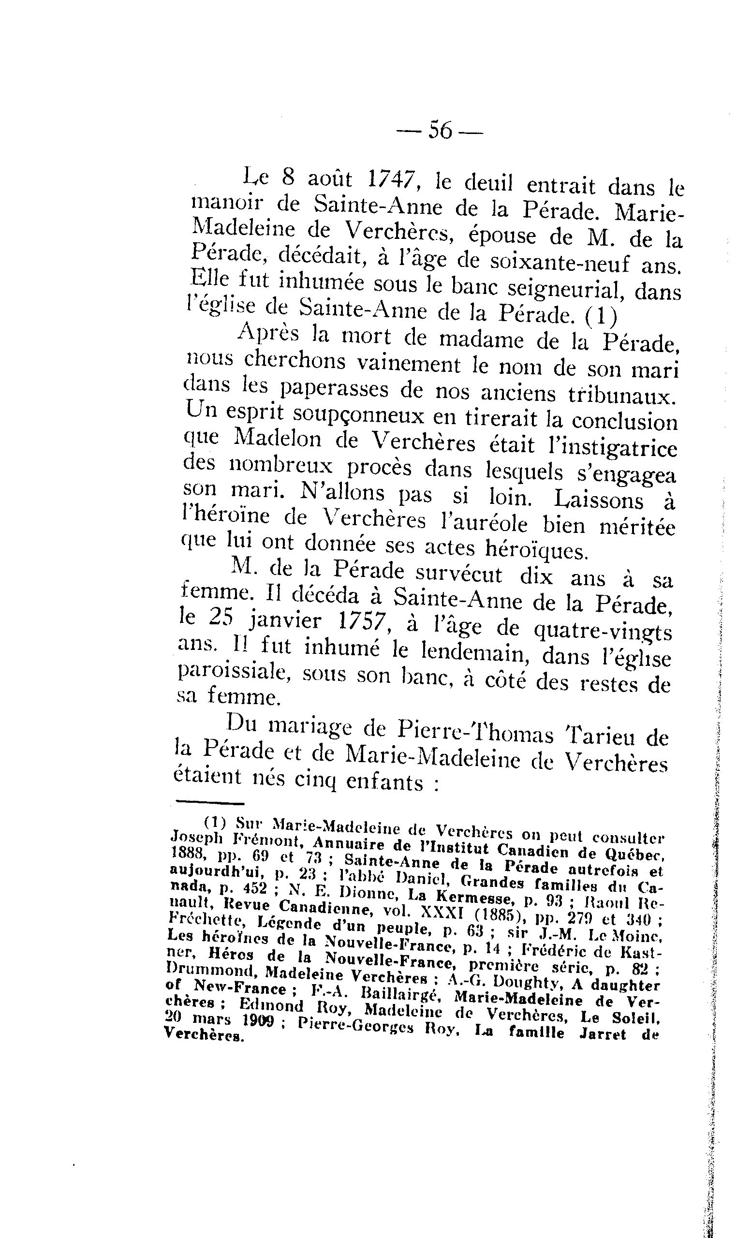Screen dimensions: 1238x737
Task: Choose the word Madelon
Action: (x=279, y=439)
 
